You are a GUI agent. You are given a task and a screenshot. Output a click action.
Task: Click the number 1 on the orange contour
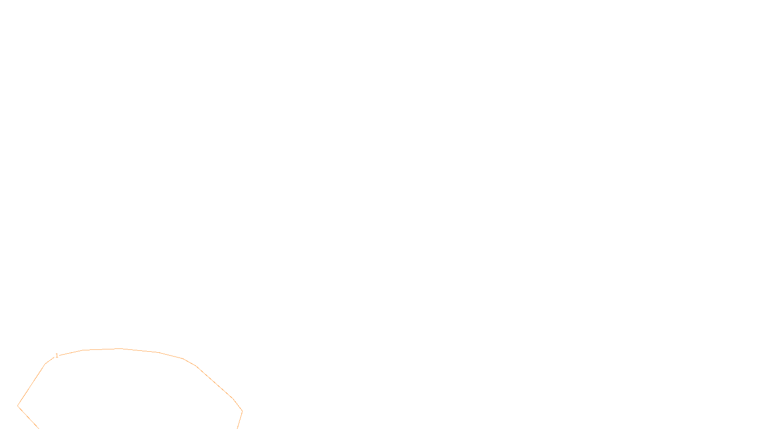coord(57,356)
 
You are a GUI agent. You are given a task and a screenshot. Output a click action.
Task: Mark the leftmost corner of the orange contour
coord(18,406)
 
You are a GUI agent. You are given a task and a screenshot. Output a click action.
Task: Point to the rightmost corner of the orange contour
coord(242,411)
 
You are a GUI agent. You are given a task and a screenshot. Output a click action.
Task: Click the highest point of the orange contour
coord(119,348)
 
